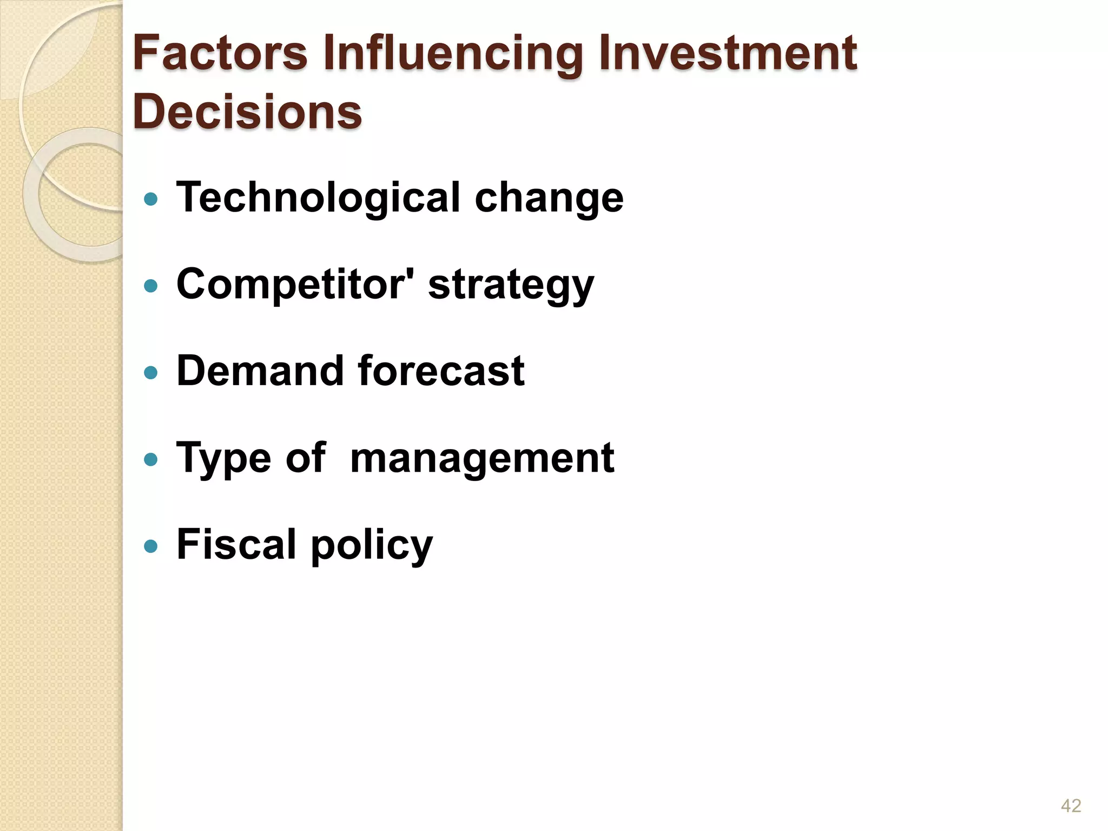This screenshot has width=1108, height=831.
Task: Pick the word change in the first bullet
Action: point(549,199)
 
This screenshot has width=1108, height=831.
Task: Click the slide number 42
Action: point(1071,806)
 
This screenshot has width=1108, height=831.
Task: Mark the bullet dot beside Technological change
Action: point(151,199)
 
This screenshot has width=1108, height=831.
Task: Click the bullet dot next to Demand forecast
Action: point(151,372)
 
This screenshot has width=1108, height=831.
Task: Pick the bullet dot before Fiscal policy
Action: point(151,546)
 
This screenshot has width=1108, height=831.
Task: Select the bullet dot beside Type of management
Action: point(151,459)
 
